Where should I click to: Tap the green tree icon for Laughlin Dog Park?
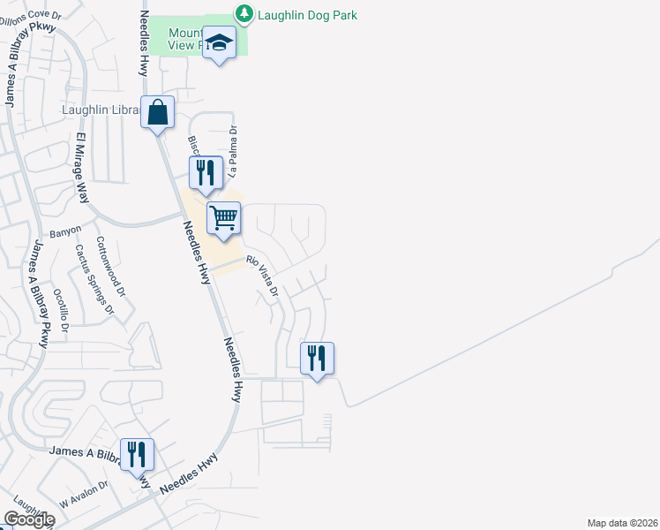click(x=243, y=14)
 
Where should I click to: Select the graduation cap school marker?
click(x=219, y=44)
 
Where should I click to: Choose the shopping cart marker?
click(x=224, y=217)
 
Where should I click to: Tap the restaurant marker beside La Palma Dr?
click(x=206, y=172)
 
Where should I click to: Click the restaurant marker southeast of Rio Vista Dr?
click(x=317, y=359)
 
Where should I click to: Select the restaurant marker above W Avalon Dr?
click(x=137, y=455)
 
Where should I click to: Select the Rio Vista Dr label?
click(x=263, y=275)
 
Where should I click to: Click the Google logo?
click(x=29, y=519)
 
